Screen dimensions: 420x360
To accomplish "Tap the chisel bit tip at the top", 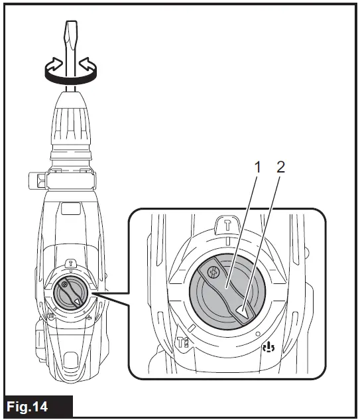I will point(70,30).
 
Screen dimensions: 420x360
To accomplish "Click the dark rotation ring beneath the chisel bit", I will point(70,78).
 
